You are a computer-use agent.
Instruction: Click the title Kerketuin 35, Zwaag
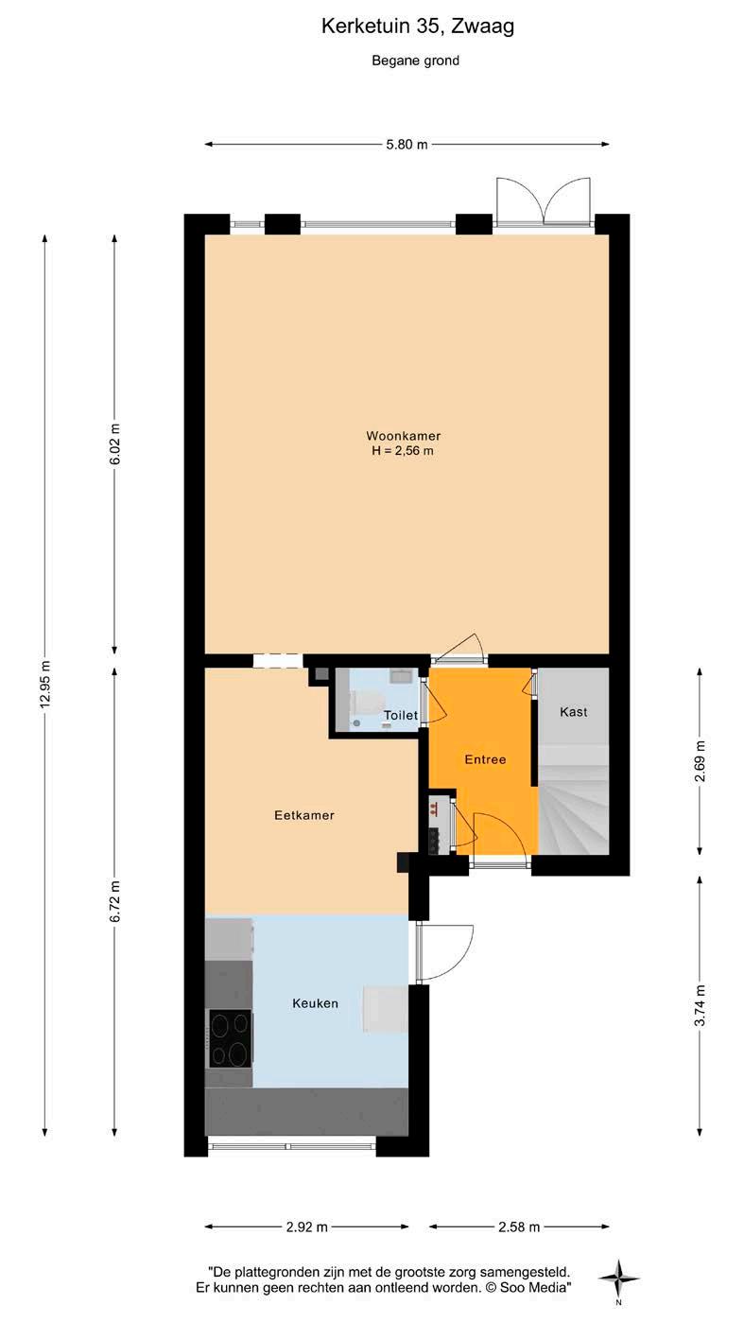click(417, 26)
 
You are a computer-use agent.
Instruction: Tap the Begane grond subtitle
click(415, 61)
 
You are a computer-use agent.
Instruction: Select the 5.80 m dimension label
click(407, 144)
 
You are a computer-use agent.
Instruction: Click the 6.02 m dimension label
click(115, 444)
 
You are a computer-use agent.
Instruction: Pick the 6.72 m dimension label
click(115, 901)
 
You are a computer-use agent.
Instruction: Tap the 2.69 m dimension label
click(700, 760)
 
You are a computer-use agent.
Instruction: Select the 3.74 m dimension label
click(700, 1005)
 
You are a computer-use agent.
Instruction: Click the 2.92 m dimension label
click(307, 1227)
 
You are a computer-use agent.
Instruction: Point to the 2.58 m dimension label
click(519, 1227)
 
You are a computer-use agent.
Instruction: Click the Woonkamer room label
click(404, 436)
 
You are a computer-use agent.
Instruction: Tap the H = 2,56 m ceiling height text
click(403, 451)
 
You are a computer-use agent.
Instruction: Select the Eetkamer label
click(304, 816)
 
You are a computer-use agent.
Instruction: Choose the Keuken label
click(316, 1003)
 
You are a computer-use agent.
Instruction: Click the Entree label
click(486, 759)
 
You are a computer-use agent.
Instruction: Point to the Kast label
click(574, 712)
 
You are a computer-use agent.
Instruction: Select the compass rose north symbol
click(618, 1279)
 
